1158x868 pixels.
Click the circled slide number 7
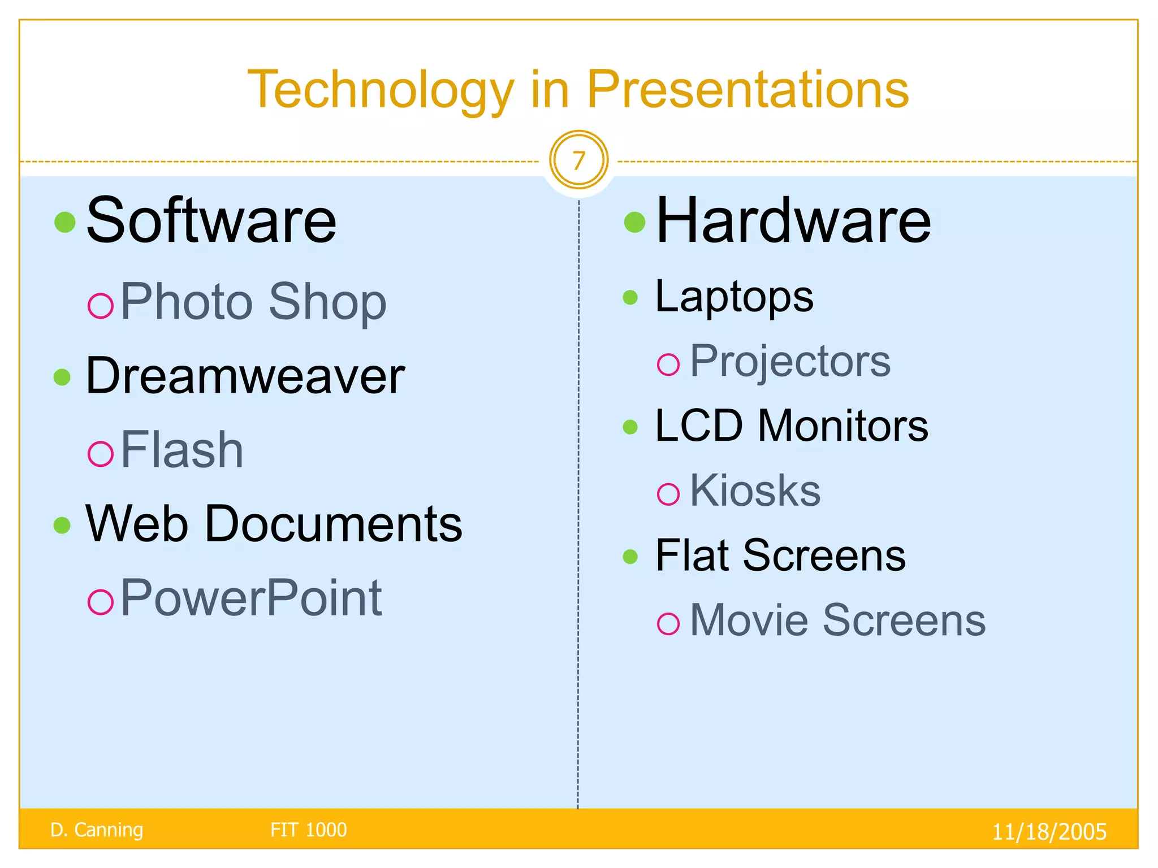[x=578, y=161]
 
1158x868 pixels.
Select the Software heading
[x=211, y=221]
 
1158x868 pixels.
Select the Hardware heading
[x=793, y=221]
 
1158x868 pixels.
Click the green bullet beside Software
[x=65, y=222]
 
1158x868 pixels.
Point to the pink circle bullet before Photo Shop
[x=101, y=306]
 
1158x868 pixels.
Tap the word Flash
[x=182, y=450]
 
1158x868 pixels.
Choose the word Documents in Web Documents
[x=333, y=524]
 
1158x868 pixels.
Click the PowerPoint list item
[x=251, y=598]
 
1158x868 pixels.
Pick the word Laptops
[x=734, y=297]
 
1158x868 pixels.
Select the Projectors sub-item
[x=790, y=361]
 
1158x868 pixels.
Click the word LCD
[x=698, y=426]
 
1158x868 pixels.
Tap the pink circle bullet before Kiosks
[x=668, y=494]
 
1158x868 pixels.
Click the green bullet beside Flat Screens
[x=630, y=557]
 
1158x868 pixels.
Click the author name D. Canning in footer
[x=97, y=830]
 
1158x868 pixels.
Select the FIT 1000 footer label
[x=308, y=830]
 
